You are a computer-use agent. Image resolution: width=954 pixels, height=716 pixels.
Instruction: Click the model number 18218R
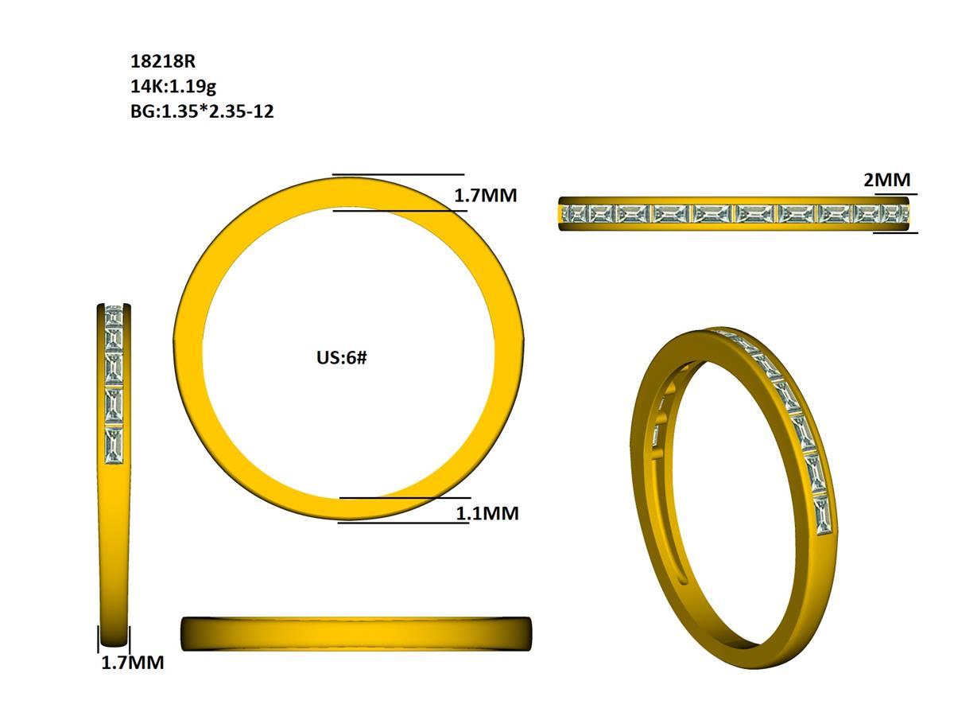(162, 61)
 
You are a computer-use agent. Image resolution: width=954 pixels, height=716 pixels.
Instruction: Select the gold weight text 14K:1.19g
(173, 86)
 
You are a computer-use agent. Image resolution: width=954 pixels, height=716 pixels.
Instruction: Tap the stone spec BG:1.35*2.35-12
(202, 111)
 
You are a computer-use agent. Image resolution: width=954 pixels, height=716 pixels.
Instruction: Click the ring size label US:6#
(342, 357)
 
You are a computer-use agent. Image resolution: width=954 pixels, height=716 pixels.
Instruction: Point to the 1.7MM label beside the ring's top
(485, 195)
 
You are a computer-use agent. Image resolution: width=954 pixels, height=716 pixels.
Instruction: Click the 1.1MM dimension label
(487, 514)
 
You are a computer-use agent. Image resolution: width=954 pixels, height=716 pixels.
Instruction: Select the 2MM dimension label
(886, 180)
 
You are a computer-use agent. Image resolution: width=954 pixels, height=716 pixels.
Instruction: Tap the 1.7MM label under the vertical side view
(132, 663)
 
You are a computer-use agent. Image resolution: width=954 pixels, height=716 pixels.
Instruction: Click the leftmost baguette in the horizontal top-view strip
(574, 213)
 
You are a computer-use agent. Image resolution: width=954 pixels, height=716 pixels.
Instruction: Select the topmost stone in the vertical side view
(114, 315)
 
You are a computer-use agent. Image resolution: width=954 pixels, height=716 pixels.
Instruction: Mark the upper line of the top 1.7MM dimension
(397, 174)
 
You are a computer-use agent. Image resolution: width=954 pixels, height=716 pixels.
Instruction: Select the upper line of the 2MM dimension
(895, 193)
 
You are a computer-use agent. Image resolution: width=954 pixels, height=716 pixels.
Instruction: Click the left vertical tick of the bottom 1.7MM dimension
(99, 639)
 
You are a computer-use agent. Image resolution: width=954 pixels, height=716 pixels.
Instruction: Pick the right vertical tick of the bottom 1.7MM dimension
(129, 639)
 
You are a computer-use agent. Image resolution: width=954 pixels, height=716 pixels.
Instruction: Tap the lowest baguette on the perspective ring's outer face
(822, 515)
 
